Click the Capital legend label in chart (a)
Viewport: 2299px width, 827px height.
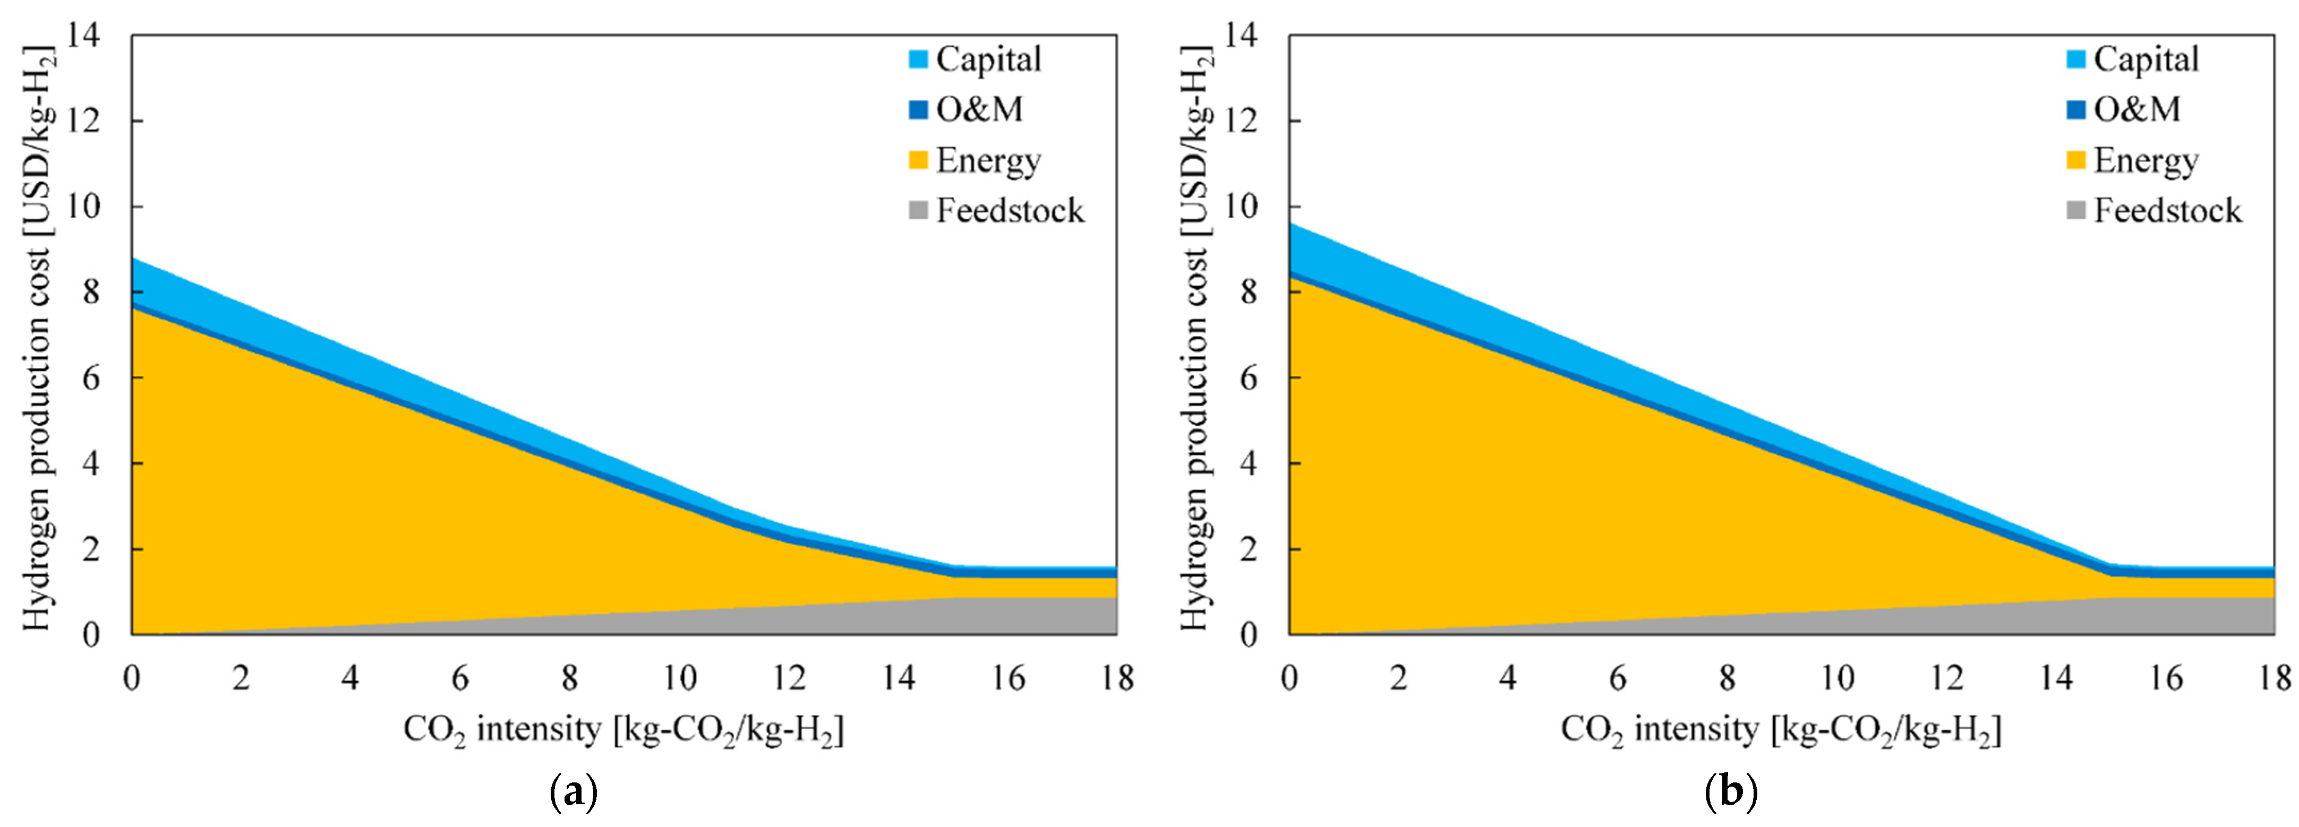click(x=988, y=60)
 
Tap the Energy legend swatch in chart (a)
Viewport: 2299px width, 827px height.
click(x=918, y=161)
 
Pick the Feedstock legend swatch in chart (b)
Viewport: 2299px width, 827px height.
click(x=2076, y=211)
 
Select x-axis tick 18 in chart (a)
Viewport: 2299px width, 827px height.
click(x=1116, y=679)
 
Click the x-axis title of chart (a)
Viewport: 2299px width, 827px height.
click(x=623, y=730)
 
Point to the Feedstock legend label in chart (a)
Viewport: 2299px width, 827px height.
click(x=1010, y=211)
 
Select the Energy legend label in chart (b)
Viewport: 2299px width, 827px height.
click(x=2146, y=161)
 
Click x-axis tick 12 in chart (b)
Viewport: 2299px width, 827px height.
click(x=1946, y=679)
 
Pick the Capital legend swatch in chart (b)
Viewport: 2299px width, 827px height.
click(x=2076, y=60)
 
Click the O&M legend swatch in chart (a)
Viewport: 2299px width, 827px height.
click(x=918, y=110)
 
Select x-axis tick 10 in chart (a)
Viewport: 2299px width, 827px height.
click(x=679, y=679)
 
